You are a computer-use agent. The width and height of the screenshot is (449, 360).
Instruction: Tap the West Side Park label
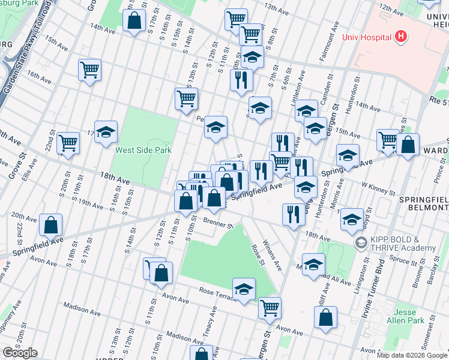143,150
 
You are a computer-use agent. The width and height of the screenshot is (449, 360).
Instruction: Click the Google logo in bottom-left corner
19,353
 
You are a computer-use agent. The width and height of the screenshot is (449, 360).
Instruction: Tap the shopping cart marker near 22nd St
68,143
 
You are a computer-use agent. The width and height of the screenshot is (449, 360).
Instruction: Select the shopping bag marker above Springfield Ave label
52,226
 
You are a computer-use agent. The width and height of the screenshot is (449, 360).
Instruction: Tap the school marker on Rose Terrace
244,289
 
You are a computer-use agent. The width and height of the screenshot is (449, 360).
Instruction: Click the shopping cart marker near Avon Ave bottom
270,308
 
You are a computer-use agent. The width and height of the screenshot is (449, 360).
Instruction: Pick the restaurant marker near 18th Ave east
293,214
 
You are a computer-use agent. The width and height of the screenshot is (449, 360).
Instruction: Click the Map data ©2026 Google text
412,355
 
